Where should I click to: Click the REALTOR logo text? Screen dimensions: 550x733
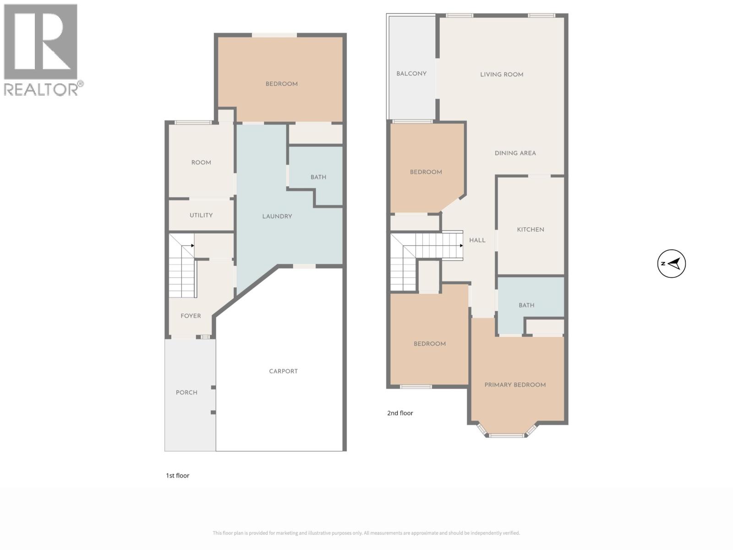(44, 88)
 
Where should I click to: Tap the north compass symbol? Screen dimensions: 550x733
(671, 264)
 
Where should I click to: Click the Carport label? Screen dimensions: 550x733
(283, 371)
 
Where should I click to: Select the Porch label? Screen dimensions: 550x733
(186, 393)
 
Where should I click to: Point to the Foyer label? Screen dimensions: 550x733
(191, 316)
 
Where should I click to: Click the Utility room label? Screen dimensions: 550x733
(201, 215)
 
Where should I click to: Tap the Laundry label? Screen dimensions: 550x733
(277, 216)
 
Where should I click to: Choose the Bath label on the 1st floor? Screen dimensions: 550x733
(318, 177)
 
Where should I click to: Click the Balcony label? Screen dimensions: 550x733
(411, 74)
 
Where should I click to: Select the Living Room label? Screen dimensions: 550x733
(502, 75)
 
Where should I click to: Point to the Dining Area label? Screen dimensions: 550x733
(515, 154)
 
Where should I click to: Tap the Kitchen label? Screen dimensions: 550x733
(531, 230)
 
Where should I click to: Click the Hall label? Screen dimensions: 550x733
(477, 240)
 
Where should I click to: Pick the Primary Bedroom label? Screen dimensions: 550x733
(515, 385)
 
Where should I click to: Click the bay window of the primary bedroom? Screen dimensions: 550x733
(506, 434)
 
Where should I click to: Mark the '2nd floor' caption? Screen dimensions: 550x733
(400, 413)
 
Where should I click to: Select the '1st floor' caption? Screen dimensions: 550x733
(177, 476)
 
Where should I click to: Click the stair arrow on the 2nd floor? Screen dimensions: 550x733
(460, 246)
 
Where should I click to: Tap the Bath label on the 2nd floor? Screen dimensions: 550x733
(526, 305)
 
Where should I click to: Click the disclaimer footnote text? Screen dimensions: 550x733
(366, 533)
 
